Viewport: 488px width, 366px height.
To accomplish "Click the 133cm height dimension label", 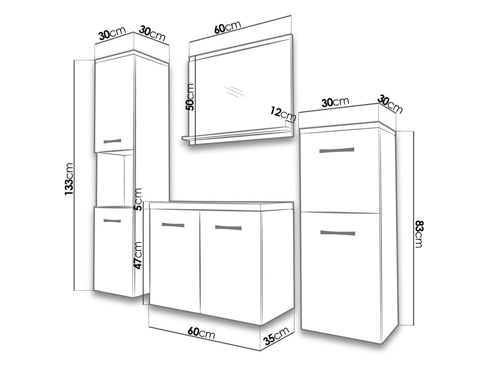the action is pos(69,179).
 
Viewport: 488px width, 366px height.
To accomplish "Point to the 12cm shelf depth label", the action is pos(283,114).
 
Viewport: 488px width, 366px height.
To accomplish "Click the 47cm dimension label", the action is pos(138,255).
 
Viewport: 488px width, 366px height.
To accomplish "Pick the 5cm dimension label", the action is pos(138,199).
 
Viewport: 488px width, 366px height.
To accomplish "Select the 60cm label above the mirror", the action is pos(228,27).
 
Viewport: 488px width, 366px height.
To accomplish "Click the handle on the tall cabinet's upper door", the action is pos(112,141).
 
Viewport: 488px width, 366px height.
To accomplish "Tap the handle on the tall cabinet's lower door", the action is pos(112,221).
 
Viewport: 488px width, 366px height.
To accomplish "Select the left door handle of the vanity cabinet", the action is pos(173,225).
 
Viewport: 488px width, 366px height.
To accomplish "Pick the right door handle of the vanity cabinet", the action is pos(228,228).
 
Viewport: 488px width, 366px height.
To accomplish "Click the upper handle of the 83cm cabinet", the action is pos(337,150).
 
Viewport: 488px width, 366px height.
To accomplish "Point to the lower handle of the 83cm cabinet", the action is pos(337,233).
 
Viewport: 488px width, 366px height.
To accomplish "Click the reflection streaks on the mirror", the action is pos(234,91).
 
